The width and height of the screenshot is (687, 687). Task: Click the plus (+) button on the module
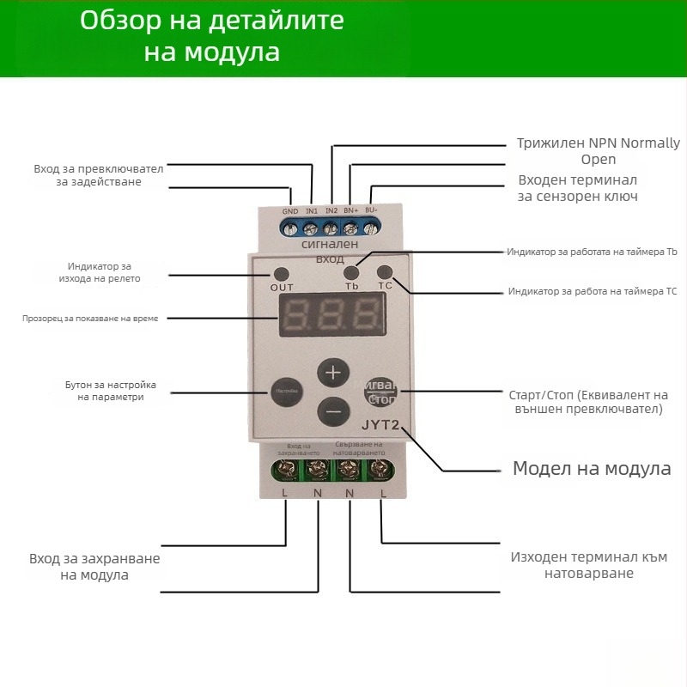coord(334,374)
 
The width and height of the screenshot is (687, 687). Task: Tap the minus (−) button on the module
coord(334,412)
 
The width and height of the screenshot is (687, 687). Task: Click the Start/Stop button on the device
coord(380,392)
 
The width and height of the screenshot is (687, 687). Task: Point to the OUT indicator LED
coord(281,273)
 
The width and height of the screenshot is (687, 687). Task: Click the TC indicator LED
coord(384,271)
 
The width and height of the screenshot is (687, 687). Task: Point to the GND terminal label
coord(290,211)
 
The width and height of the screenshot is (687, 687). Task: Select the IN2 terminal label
coord(331,210)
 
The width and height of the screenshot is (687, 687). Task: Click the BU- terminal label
coord(372,210)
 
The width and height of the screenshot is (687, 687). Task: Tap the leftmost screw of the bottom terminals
coord(285,469)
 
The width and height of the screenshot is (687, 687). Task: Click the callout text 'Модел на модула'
coord(591,469)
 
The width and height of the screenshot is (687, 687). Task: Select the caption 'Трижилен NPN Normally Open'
coord(598,151)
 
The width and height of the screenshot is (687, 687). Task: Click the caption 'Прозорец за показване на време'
coord(90,319)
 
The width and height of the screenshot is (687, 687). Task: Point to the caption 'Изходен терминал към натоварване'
coord(588,564)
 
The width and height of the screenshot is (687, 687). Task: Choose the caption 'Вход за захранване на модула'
coord(94,567)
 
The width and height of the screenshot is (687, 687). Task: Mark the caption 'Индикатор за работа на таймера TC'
coord(593,292)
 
